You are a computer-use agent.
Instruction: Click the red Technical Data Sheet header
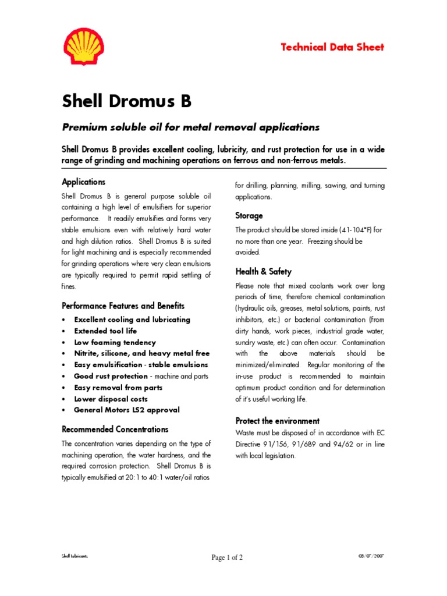332,47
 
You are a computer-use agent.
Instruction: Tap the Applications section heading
84,182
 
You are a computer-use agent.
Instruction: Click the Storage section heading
249,215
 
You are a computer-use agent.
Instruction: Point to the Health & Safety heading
263,271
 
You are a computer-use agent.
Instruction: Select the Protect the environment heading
277,420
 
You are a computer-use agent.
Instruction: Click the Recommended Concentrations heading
115,429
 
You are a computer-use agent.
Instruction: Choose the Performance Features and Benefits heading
123,306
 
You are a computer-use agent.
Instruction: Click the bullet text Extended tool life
105,331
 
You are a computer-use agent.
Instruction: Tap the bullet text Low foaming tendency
115,342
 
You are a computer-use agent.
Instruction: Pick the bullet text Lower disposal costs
111,399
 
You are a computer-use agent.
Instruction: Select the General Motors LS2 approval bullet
126,410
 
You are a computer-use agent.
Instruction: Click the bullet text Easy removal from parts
118,388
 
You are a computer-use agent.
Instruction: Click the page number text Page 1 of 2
227,558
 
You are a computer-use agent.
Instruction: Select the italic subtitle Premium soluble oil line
191,126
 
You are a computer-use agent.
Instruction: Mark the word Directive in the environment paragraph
250,445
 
